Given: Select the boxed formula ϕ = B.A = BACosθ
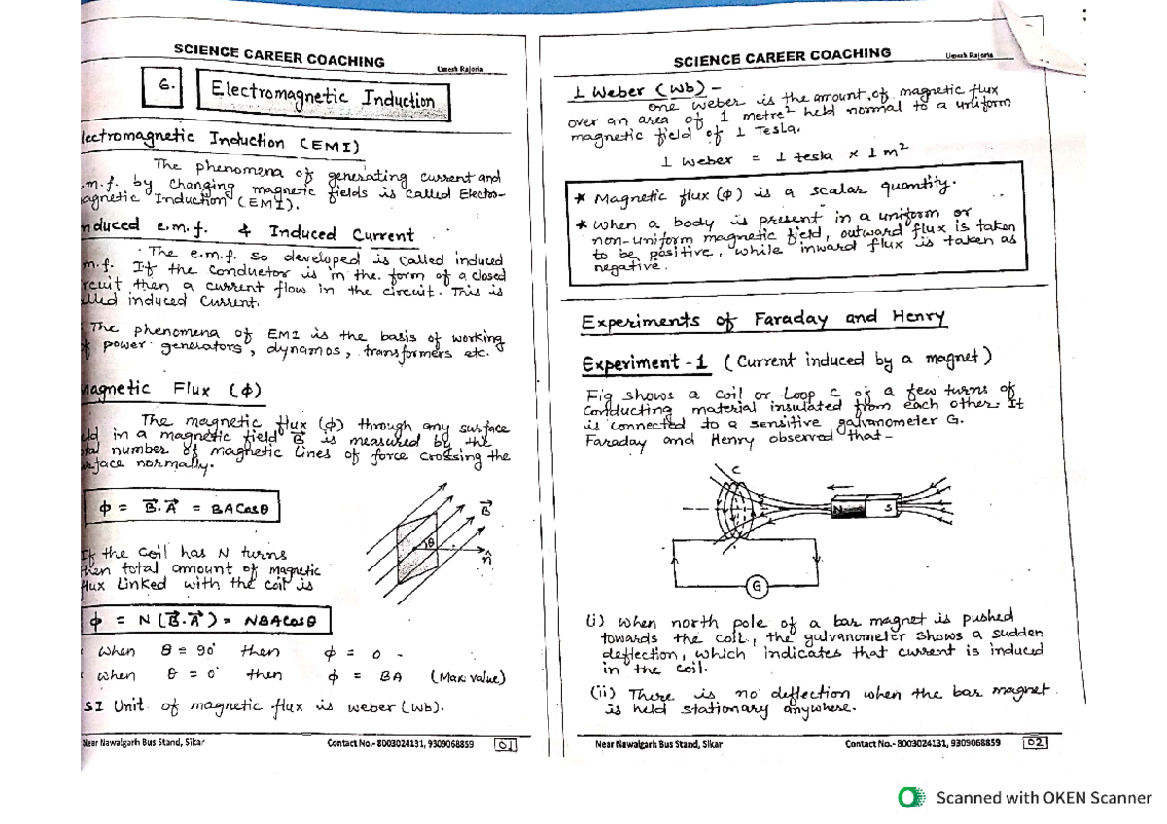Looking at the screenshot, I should coord(184,506).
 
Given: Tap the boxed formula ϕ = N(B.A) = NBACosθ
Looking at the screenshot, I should coord(205,619).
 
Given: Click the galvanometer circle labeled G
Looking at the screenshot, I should coord(755,584).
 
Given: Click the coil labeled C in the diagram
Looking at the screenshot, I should coord(738,509).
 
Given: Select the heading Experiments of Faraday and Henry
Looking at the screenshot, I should coord(763,321).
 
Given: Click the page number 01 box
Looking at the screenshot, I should coord(506,745).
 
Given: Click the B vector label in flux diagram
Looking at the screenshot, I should coord(487,508).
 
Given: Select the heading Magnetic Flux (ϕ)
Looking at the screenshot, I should coord(170,390).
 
